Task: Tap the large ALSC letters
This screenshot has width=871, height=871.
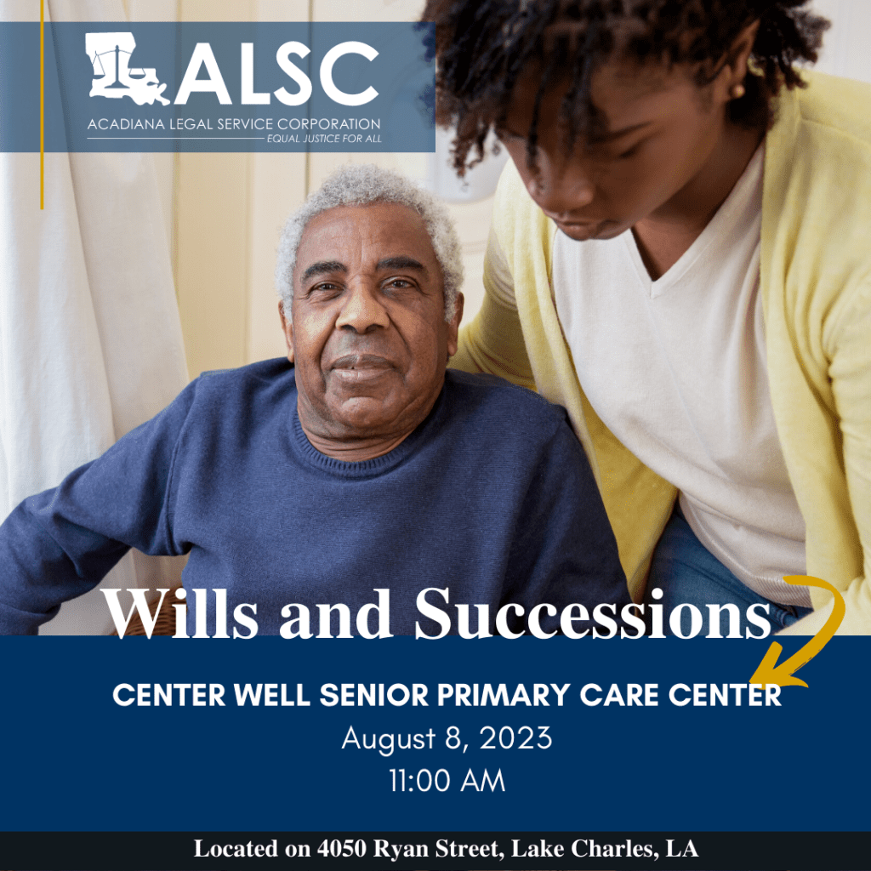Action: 277,73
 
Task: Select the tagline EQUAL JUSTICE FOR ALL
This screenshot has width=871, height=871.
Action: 324,139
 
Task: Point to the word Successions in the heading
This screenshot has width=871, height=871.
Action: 593,613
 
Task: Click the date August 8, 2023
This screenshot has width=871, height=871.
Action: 447,739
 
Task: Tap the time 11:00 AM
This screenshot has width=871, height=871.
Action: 447,781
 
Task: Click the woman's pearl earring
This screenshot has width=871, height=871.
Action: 737,90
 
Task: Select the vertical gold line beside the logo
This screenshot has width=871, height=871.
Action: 42,105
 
